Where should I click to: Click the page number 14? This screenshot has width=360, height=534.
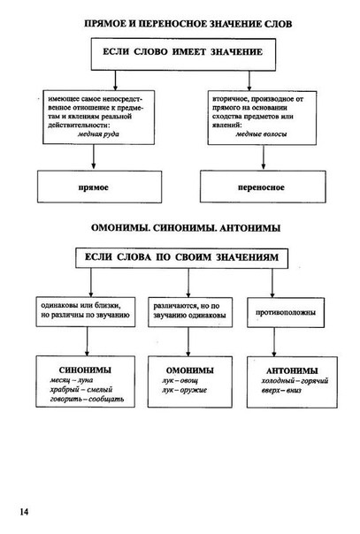tap(24, 512)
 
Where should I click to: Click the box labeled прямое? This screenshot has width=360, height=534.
tap(99, 187)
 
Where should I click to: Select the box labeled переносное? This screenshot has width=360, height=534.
tap(263, 187)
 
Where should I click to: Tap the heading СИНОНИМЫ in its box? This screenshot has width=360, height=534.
tap(85, 370)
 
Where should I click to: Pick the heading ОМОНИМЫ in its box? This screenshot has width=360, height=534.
tap(190, 370)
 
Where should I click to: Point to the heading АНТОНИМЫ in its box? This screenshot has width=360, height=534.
tap(292, 370)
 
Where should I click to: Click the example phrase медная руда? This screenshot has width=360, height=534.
tap(98, 133)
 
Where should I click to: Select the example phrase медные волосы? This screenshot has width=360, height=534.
tap(261, 133)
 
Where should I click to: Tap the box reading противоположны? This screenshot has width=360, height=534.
tap(286, 313)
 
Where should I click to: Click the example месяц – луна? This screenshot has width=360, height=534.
tap(72, 380)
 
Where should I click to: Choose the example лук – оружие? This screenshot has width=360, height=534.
tap(184, 390)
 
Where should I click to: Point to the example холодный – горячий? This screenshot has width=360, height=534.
tap(295, 381)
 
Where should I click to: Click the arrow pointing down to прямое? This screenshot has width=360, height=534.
tap(94, 157)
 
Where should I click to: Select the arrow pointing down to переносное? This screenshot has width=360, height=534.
tap(263, 157)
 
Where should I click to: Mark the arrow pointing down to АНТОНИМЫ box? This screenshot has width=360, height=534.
tap(274, 342)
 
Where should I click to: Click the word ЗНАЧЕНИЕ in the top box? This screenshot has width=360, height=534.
tap(237, 52)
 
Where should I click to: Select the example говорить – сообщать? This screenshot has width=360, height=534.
tap(87, 399)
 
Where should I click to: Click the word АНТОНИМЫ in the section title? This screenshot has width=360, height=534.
tap(250, 228)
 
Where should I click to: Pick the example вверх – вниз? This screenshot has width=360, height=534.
tap(281, 390)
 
